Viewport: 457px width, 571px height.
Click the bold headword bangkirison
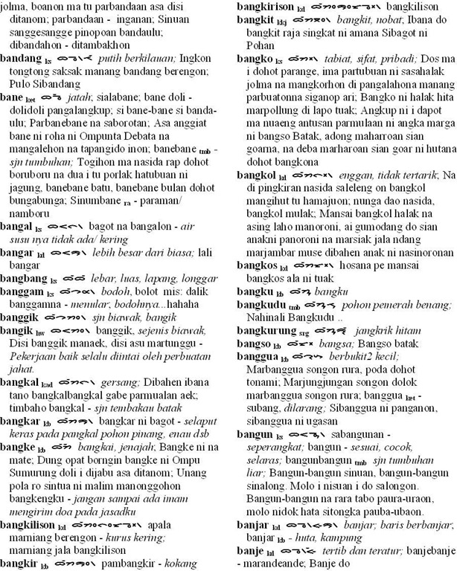coord(266,5)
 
